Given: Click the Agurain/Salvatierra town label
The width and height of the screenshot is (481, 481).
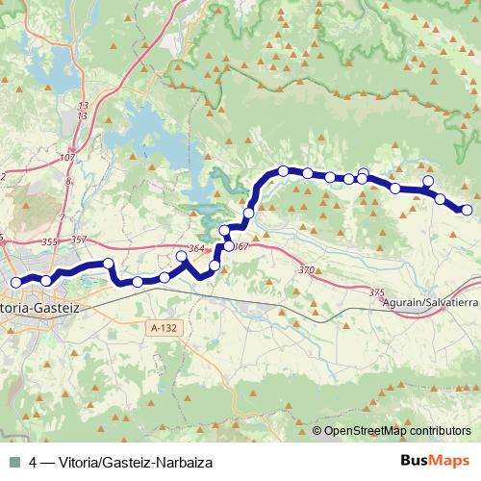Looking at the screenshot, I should (x=430, y=302).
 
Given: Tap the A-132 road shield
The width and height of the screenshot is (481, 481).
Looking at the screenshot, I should (x=165, y=329).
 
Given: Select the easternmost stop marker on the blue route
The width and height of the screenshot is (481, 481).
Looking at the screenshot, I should (x=468, y=210).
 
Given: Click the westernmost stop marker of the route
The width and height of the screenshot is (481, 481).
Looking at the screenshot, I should (x=15, y=282).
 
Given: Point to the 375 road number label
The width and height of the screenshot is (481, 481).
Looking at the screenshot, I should (x=376, y=291).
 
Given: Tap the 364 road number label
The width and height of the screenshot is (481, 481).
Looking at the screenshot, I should (x=196, y=249).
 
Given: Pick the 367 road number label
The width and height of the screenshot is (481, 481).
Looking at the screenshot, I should (x=240, y=247).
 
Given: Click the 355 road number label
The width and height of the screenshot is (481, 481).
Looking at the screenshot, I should (x=51, y=241).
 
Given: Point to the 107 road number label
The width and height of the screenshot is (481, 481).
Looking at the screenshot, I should (x=66, y=157).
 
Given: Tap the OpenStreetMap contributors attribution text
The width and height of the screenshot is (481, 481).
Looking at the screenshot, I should (x=397, y=431).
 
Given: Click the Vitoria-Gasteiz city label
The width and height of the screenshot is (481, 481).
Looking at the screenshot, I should (x=43, y=308).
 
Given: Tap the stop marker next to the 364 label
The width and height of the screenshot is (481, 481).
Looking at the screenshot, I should (x=182, y=256).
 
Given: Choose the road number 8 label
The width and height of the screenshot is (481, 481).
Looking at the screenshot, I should (x=69, y=180).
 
